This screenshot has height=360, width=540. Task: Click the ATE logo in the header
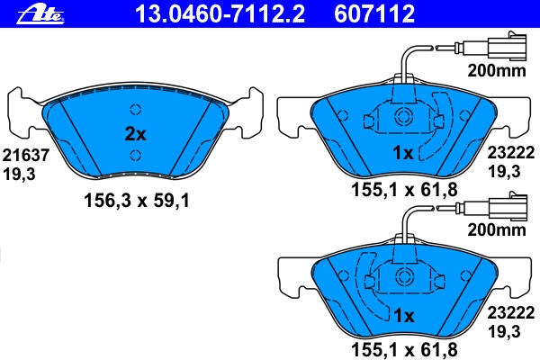(40, 14)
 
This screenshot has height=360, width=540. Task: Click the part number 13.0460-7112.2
(220, 14)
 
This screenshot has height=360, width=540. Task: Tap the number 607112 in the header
(374, 14)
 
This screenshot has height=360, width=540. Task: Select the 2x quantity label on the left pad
(135, 134)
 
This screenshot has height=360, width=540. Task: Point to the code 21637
(26, 156)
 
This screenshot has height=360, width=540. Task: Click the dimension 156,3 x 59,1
(137, 201)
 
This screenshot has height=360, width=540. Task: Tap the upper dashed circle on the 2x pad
(136, 110)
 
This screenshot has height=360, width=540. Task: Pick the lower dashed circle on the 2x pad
(136, 156)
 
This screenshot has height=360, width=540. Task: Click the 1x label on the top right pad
(403, 153)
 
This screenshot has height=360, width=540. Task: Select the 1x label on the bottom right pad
(403, 315)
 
